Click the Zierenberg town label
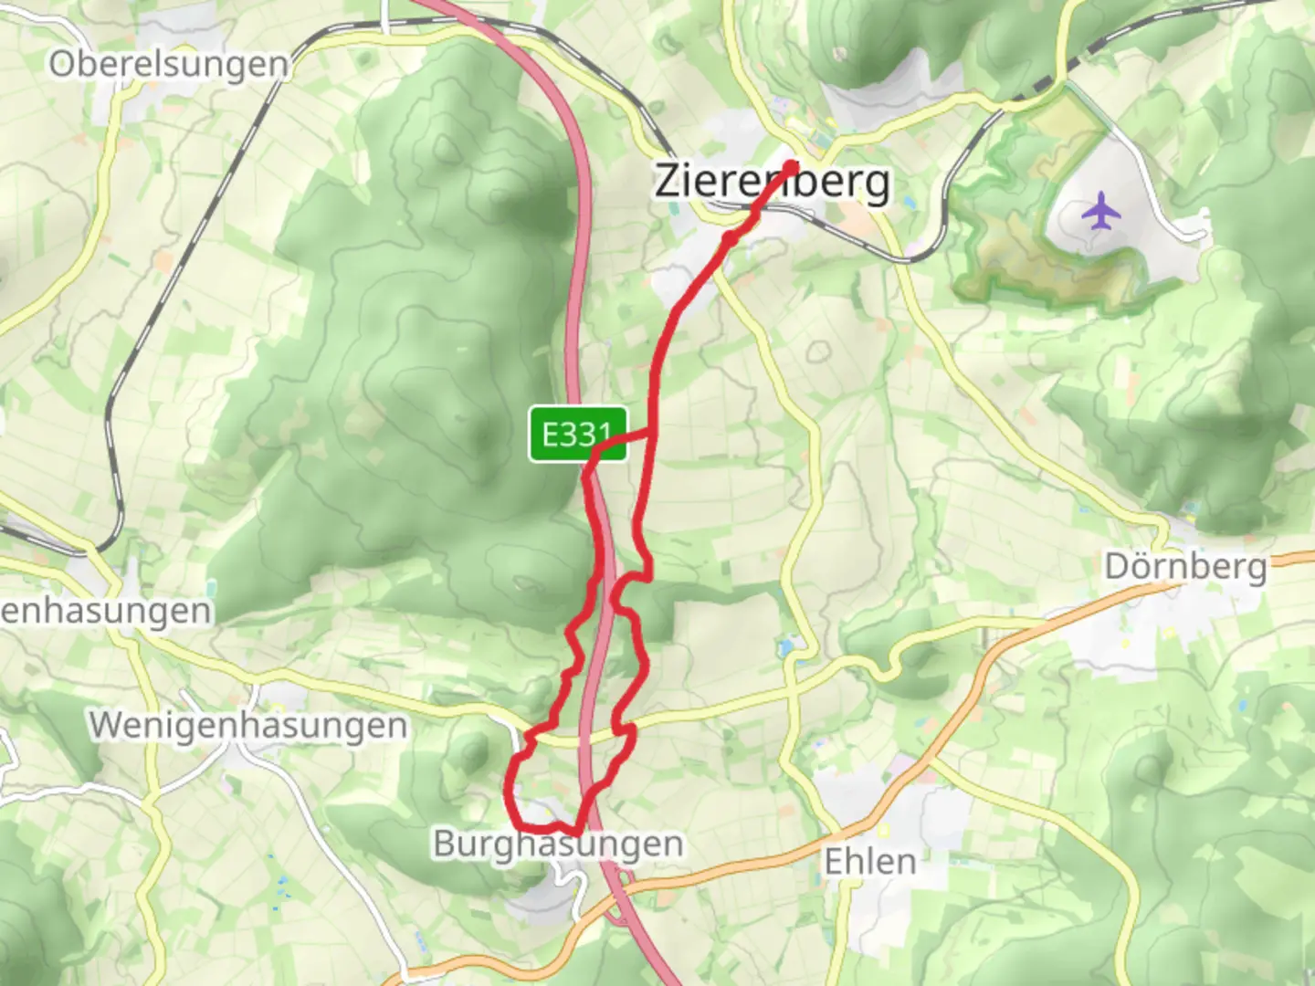(772, 182)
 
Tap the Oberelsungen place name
(169, 65)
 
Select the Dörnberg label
(1185, 567)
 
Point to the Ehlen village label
(869, 861)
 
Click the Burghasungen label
(558, 844)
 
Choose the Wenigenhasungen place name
(248, 726)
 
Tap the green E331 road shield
(578, 434)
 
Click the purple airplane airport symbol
(1101, 212)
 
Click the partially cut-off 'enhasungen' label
(106, 611)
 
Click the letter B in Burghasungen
(445, 844)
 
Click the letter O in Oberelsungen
(63, 65)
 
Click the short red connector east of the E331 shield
(628, 438)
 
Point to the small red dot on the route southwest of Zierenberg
(730, 238)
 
